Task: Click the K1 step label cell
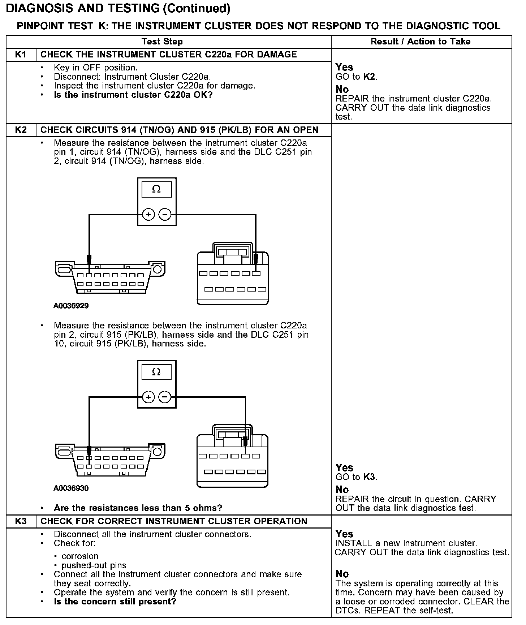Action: (21, 55)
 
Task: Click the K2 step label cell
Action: (21, 130)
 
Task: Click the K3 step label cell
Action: (21, 521)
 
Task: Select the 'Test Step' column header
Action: (162, 42)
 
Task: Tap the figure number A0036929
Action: (71, 306)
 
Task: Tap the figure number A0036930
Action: (71, 488)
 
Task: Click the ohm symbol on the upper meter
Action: (156, 189)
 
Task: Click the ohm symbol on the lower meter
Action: (156, 372)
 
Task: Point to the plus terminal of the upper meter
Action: (148, 215)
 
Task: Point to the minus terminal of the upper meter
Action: (165, 215)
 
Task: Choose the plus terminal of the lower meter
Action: (148, 397)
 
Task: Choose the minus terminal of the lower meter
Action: (165, 397)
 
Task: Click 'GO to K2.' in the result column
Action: (356, 77)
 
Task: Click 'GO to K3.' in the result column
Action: (356, 477)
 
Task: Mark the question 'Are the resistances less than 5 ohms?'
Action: (138, 508)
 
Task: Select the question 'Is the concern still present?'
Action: (115, 602)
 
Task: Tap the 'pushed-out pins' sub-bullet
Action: (94, 565)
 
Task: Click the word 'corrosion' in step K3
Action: (80, 556)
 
